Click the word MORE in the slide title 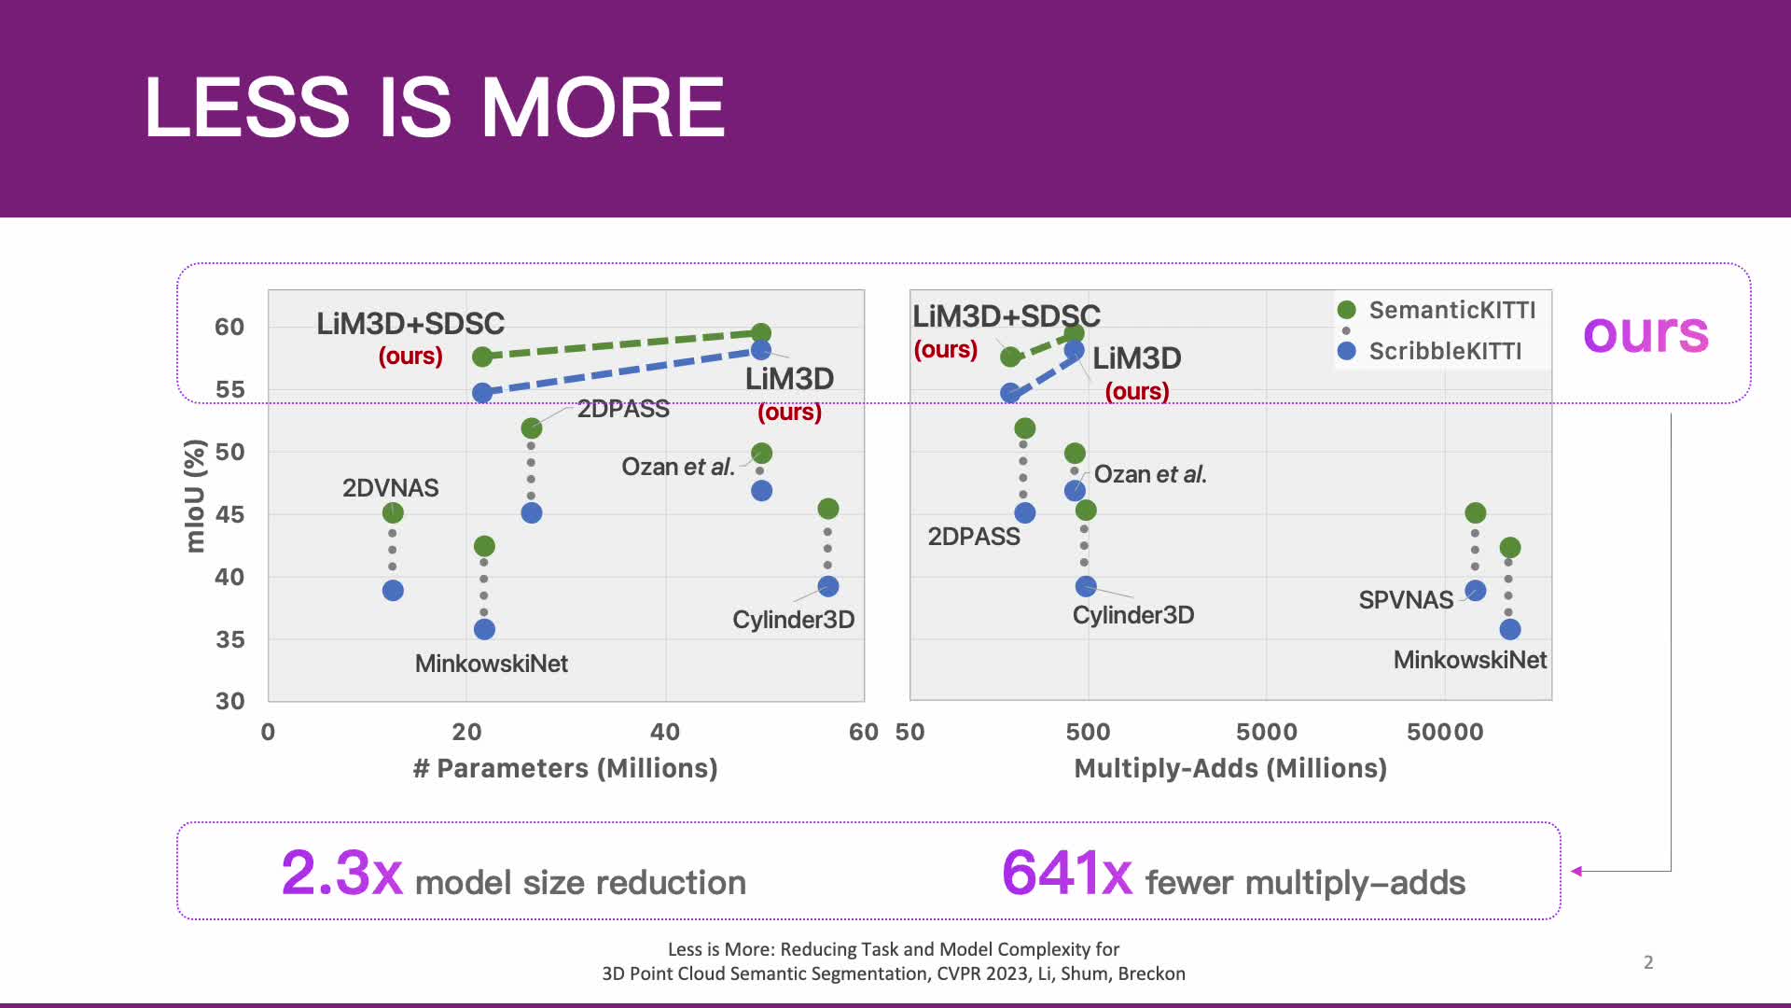(603, 107)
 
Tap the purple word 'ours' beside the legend (1645, 332)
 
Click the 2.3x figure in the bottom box (341, 874)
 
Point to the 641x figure (1066, 874)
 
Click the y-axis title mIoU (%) (194, 496)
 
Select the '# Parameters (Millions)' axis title (565, 768)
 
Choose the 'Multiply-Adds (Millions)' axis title (1230, 768)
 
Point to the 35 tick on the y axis (229, 639)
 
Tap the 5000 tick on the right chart (1266, 732)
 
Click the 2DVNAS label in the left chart (390, 487)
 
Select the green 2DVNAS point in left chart (393, 512)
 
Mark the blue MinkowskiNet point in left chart (484, 629)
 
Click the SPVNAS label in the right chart (1405, 599)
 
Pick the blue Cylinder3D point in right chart (1086, 586)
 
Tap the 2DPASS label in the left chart (623, 409)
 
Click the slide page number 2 (1648, 962)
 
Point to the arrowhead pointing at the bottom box (1576, 871)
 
